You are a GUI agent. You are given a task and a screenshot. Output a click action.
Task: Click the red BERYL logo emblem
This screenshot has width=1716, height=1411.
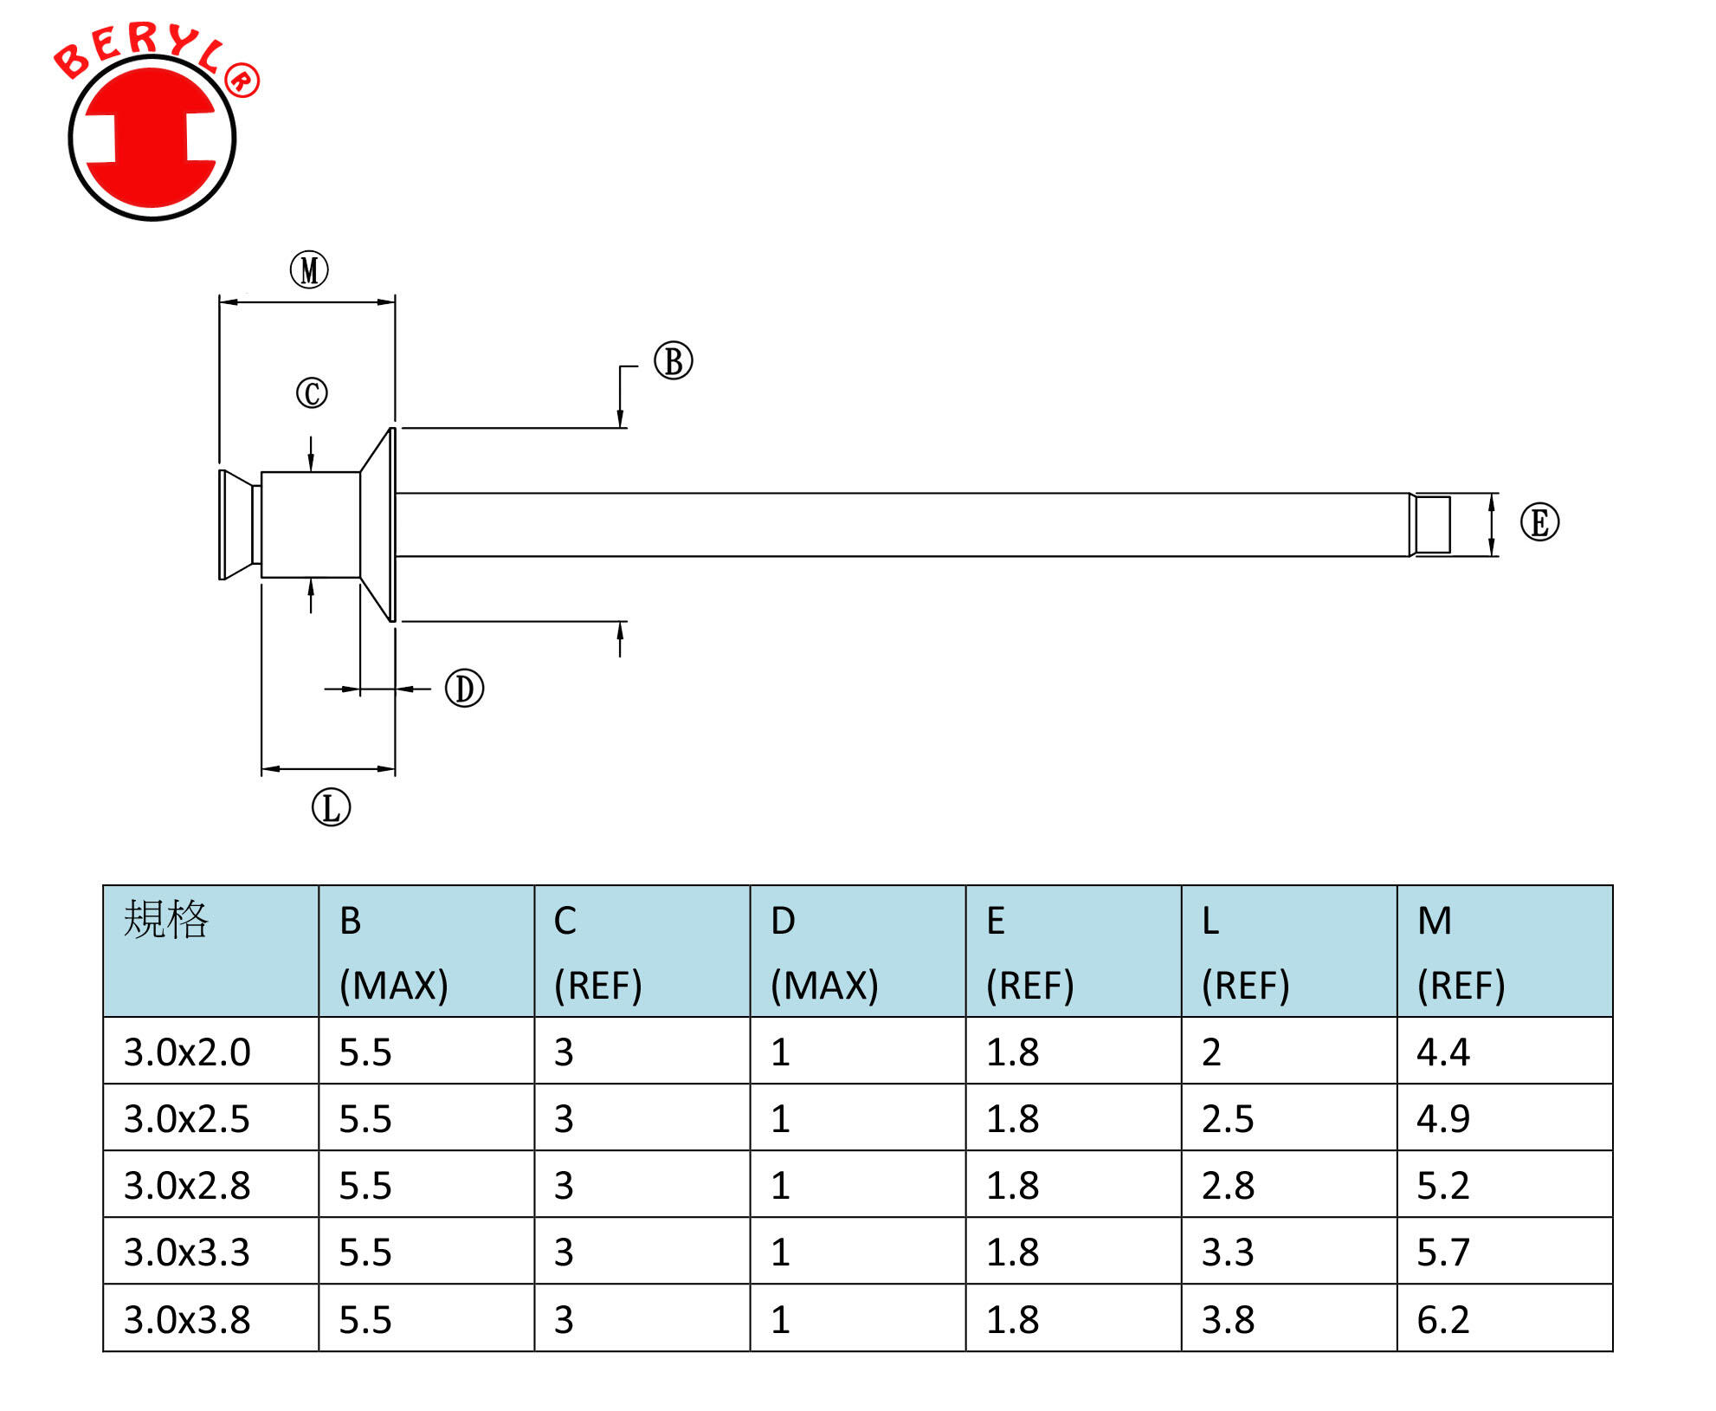coord(152,137)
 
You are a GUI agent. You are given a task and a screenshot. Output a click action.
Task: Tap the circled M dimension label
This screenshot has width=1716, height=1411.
coord(309,269)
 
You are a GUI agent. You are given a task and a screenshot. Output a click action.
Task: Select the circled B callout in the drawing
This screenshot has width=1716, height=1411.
coord(673,361)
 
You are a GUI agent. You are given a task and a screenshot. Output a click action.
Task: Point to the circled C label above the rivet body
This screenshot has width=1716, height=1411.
coord(312,392)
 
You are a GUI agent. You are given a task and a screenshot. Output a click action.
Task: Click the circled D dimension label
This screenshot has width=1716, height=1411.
coord(464,689)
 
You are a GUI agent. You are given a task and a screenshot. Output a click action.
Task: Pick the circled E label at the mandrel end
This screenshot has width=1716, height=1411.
coord(1539,522)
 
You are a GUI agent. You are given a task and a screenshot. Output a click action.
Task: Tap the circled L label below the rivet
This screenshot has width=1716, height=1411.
coord(331,807)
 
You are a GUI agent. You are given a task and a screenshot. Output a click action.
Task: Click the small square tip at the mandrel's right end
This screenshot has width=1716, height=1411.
coord(1433,524)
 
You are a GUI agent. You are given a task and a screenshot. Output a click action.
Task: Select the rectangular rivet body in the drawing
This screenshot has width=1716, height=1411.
coord(311,524)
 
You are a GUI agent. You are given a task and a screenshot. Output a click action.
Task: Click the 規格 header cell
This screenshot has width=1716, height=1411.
coord(166,920)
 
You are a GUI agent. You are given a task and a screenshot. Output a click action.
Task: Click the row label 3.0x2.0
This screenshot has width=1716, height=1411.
coord(187,1052)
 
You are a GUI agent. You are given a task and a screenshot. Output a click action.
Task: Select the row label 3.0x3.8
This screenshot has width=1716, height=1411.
coord(187,1319)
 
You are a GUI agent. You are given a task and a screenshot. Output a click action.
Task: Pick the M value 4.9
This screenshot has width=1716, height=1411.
coord(1443,1118)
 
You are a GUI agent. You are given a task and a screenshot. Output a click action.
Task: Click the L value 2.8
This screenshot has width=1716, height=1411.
coord(1228,1185)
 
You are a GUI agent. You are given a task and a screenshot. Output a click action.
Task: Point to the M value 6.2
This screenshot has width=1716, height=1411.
coord(1443,1319)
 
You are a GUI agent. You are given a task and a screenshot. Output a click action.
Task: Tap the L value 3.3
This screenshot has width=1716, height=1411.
coord(1228,1252)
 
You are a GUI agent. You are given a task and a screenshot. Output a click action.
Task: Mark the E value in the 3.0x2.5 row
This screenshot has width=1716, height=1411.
coord(1013,1118)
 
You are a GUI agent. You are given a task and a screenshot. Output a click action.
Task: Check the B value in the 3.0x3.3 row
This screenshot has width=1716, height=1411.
coord(365,1252)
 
